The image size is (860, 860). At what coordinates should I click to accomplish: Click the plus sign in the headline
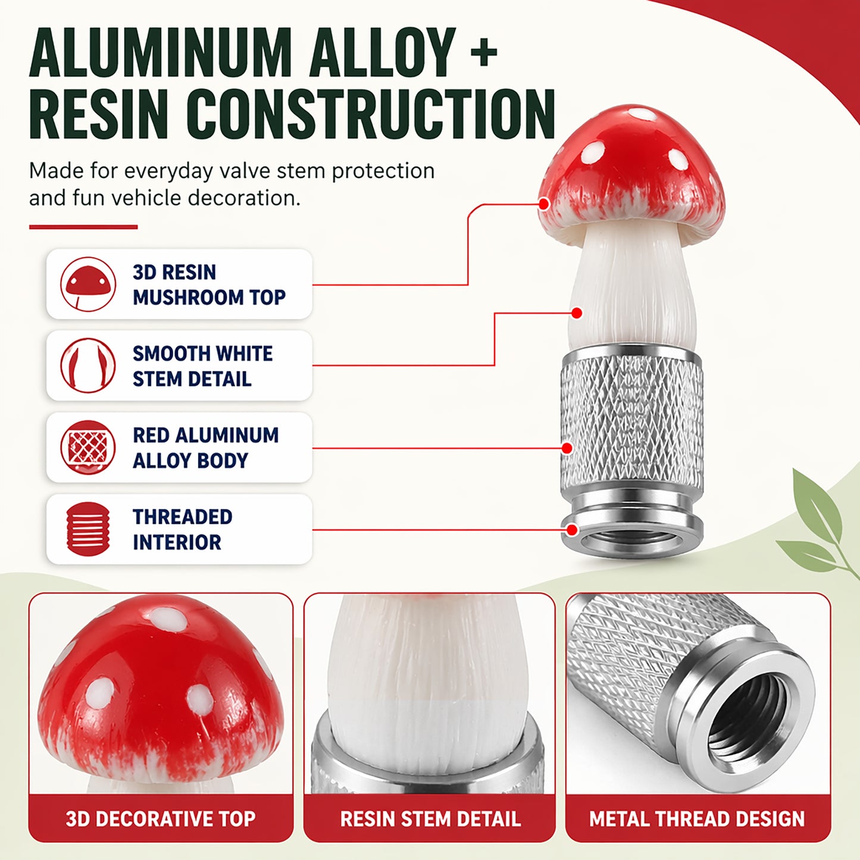pyautogui.click(x=484, y=53)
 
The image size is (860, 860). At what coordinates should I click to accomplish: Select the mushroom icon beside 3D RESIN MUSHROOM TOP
pyautogui.click(x=88, y=284)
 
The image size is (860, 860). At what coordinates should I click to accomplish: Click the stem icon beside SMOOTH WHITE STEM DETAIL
pyautogui.click(x=88, y=365)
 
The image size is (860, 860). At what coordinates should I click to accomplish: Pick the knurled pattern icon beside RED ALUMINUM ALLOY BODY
pyautogui.click(x=88, y=447)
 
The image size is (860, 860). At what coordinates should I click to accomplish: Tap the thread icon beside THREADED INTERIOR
pyautogui.click(x=88, y=529)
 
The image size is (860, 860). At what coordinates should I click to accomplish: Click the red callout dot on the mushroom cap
pyautogui.click(x=543, y=204)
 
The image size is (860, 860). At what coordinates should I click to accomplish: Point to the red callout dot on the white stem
pyautogui.click(x=577, y=313)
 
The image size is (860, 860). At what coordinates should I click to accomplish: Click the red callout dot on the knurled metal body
pyautogui.click(x=567, y=448)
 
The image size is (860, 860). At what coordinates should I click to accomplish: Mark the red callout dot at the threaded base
pyautogui.click(x=572, y=530)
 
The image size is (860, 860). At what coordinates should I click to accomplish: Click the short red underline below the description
pyautogui.click(x=83, y=227)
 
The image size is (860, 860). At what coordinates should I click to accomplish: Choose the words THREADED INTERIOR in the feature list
pyautogui.click(x=183, y=529)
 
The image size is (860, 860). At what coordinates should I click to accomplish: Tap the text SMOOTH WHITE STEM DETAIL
pyautogui.click(x=202, y=366)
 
